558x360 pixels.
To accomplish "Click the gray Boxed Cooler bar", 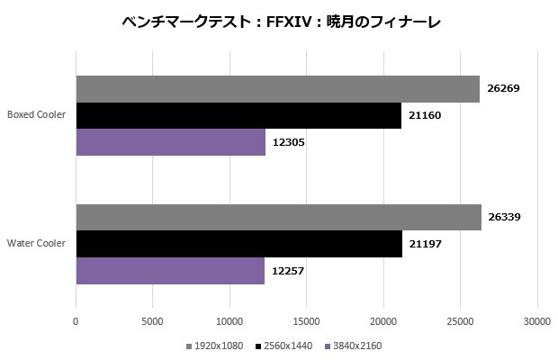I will (277, 88).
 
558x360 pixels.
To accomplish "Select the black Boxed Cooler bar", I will (238, 115).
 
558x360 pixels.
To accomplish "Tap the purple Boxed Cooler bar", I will (170, 142).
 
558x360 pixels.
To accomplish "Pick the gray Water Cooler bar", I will (278, 217).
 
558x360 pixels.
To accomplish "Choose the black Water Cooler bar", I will (238, 244).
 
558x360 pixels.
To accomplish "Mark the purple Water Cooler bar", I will (170, 271).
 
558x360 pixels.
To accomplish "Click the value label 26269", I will (503, 88).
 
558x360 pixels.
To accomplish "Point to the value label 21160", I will (425, 115).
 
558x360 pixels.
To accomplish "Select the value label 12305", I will (289, 142).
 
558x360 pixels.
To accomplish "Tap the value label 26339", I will (505, 217).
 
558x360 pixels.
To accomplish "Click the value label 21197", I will (426, 244).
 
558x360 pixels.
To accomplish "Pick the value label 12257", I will (288, 271).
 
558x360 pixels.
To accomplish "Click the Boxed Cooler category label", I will (36, 114).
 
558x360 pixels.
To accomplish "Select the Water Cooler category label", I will (36, 243).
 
